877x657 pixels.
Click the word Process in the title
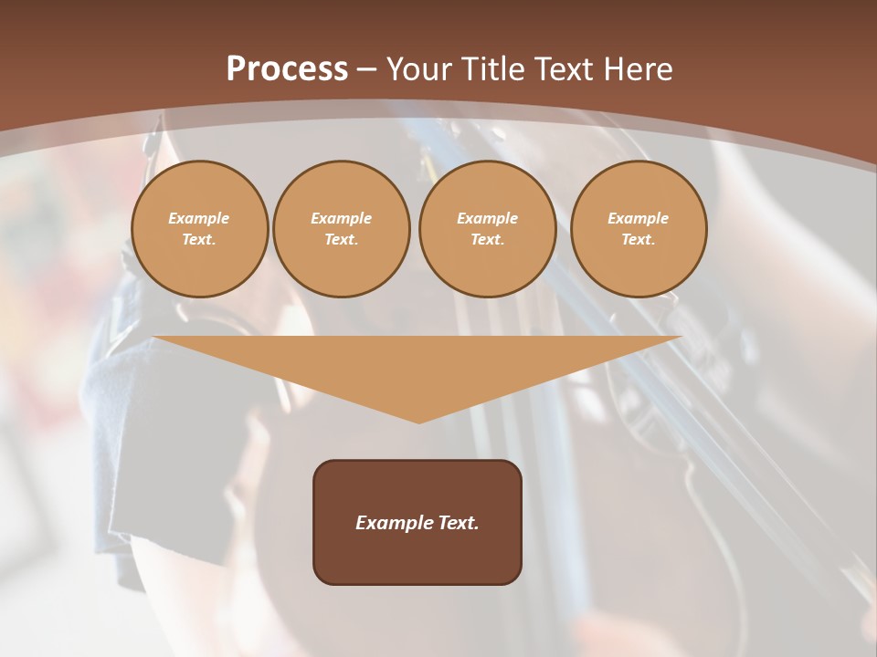[x=287, y=69]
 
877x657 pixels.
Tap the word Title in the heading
[x=492, y=69]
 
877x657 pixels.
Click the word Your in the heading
[x=421, y=69]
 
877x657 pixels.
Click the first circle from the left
[x=200, y=229]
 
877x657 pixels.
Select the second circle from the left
[x=342, y=229]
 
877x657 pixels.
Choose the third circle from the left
[x=488, y=229]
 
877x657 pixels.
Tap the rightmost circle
[x=639, y=229]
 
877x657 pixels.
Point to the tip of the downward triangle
[x=418, y=422]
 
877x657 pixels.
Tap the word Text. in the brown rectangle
[x=458, y=523]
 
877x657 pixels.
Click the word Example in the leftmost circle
[x=199, y=218]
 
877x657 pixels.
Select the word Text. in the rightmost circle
[x=639, y=239]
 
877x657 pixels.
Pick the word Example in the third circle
[x=488, y=218]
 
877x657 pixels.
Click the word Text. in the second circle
[x=342, y=239]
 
